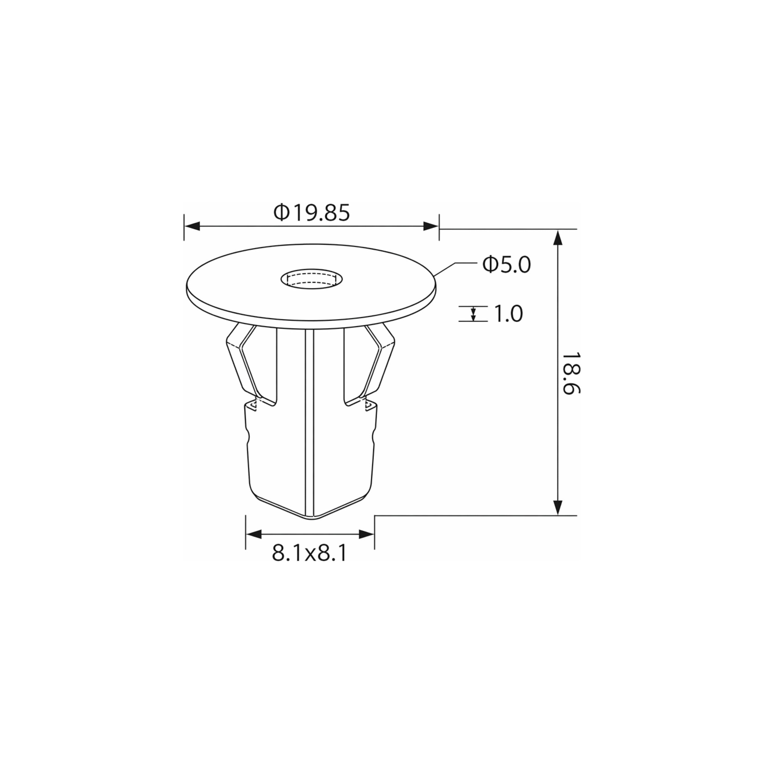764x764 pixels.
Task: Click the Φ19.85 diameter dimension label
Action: pos(312,213)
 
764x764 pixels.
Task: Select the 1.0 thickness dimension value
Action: pos(509,314)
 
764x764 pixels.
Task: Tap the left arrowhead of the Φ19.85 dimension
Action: pos(192,226)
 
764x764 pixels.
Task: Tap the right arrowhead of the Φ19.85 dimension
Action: pos(431,226)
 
